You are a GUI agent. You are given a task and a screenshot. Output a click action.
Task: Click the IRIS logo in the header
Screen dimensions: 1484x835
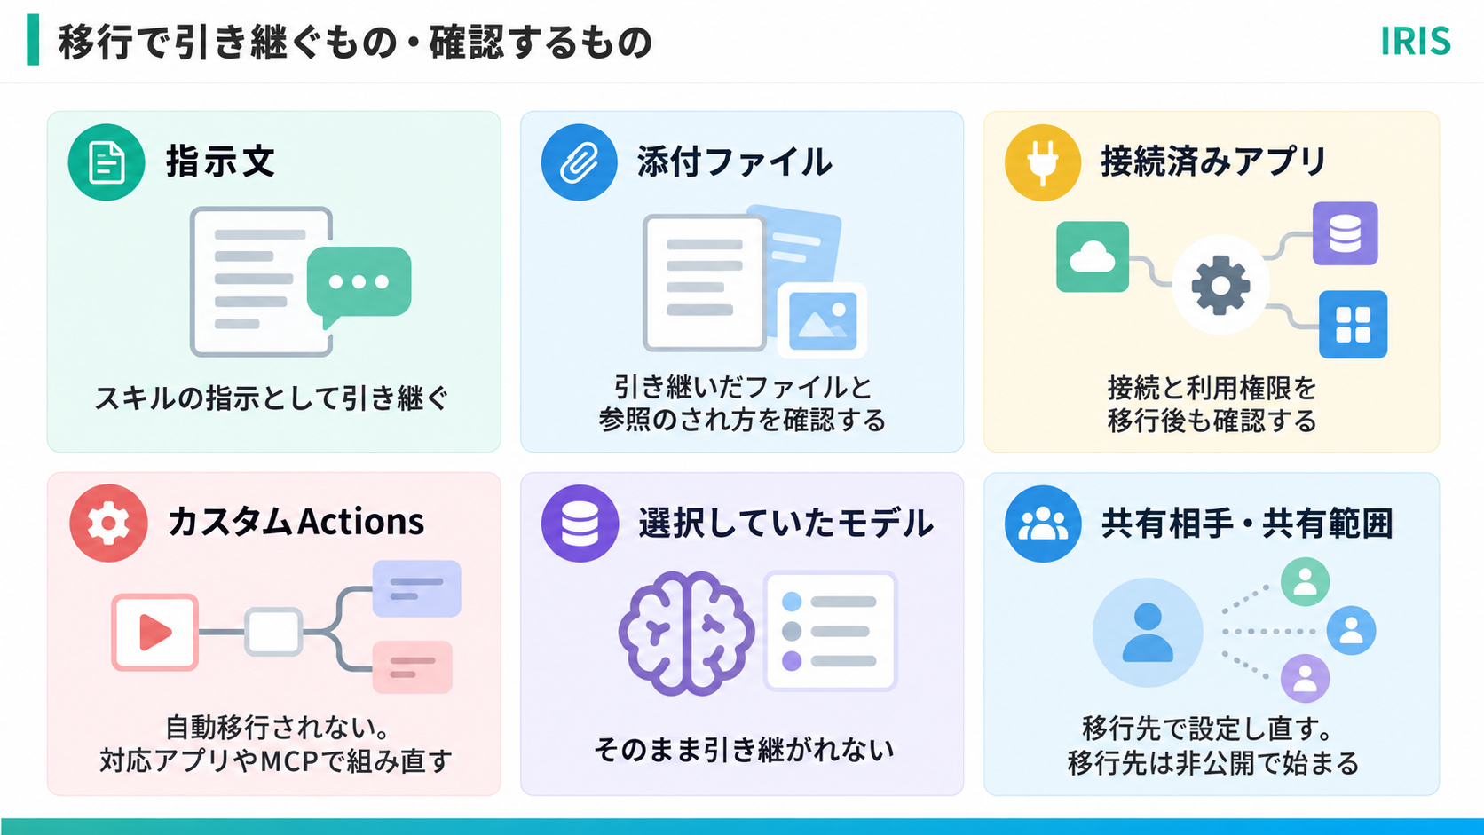click(x=1415, y=41)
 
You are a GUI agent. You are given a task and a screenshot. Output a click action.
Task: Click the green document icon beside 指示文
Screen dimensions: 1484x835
click(x=106, y=162)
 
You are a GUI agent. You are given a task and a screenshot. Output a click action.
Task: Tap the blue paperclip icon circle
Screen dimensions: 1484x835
click(x=579, y=162)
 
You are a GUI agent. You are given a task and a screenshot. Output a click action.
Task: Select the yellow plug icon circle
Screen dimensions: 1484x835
click(x=1043, y=162)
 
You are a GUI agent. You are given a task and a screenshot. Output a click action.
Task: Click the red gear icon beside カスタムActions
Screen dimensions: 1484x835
click(x=108, y=524)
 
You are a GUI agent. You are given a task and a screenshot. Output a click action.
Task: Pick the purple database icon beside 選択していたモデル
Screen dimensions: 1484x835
click(x=580, y=524)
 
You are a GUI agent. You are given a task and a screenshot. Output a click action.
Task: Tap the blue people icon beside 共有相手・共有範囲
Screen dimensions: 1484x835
click(x=1043, y=524)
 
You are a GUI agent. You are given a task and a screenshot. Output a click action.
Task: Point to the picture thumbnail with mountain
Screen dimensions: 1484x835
click(x=822, y=320)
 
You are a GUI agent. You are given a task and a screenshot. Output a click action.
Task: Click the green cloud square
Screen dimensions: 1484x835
click(x=1093, y=257)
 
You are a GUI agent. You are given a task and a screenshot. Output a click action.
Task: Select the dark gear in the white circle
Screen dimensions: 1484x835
click(x=1220, y=286)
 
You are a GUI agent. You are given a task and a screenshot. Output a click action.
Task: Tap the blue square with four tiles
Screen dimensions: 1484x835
click(x=1353, y=325)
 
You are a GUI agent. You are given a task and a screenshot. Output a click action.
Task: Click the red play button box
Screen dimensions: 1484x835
click(x=155, y=633)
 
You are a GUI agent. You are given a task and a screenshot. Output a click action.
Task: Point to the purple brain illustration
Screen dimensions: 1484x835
click(x=686, y=634)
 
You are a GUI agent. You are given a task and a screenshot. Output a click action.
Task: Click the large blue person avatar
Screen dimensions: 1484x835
click(x=1148, y=633)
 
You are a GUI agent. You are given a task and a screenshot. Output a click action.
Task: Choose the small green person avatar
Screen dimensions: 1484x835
click(x=1305, y=582)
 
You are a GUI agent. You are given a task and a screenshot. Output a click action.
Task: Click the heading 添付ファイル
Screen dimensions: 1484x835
click(x=734, y=162)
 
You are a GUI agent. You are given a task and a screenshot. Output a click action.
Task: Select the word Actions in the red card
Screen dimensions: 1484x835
click(x=360, y=522)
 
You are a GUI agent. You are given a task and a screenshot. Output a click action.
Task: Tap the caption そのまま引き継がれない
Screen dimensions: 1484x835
click(x=743, y=750)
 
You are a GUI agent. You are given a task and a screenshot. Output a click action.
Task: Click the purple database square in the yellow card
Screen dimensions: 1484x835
click(x=1346, y=233)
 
